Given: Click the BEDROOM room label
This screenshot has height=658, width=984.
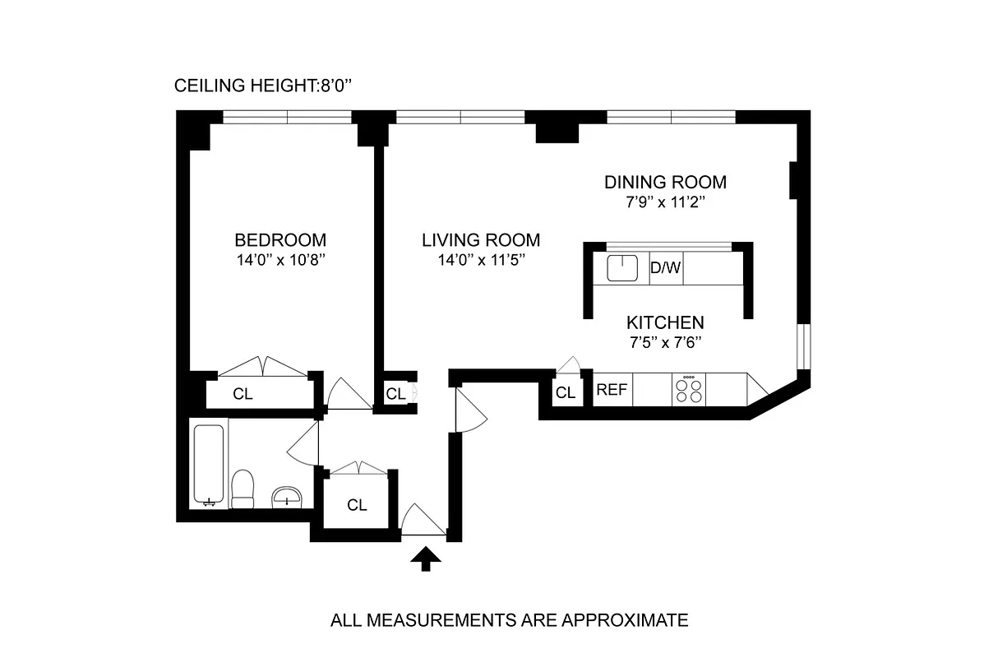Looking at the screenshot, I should (x=279, y=240).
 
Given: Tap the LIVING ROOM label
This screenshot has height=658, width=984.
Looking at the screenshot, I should (x=481, y=240).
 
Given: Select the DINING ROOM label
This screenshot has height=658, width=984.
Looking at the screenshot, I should (x=665, y=182).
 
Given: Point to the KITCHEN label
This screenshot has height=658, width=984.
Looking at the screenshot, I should (x=665, y=322).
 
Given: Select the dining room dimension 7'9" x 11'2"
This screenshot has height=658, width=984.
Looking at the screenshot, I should (x=665, y=202).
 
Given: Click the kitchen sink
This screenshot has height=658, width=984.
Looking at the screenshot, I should (x=622, y=268).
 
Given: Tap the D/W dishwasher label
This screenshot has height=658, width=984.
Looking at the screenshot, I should (x=665, y=268).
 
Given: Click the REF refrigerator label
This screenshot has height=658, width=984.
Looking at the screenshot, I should (x=611, y=390).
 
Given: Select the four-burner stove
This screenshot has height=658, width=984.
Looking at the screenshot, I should (x=689, y=390).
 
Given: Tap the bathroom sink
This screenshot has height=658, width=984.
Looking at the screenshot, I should (x=287, y=496).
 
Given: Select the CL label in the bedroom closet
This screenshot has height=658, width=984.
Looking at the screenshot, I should (x=243, y=394).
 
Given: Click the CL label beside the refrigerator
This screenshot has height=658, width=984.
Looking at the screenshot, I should (x=565, y=393).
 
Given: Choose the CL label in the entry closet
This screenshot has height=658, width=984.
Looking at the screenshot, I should (x=356, y=505).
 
